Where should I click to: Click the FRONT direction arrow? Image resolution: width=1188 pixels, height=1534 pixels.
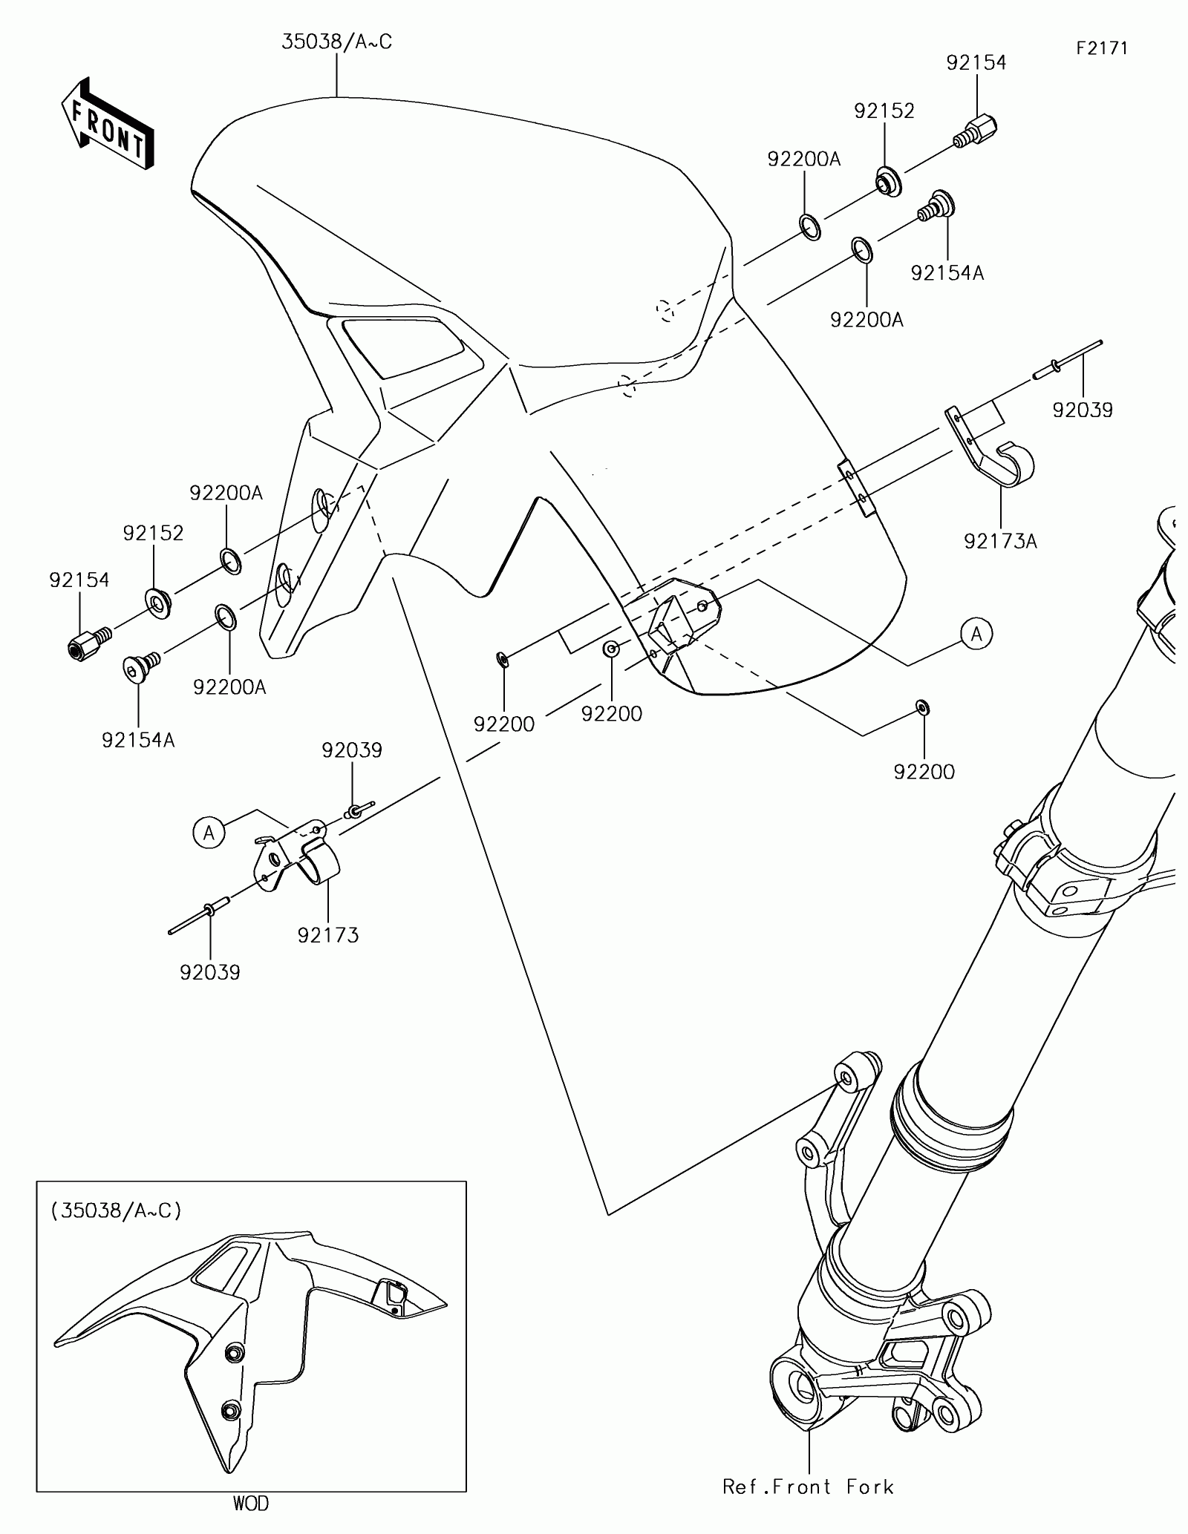108,123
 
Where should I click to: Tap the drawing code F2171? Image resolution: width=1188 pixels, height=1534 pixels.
1103,49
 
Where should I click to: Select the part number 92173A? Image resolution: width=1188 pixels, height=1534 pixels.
1000,541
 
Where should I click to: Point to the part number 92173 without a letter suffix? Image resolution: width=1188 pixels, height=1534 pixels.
328,935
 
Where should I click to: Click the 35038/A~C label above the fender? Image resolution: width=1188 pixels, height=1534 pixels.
336,42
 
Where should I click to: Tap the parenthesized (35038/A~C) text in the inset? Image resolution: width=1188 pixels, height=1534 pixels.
117,1212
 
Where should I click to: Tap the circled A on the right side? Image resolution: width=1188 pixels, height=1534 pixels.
976,633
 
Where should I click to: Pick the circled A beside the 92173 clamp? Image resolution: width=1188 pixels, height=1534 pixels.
209,833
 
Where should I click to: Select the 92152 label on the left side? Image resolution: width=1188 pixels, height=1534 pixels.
153,533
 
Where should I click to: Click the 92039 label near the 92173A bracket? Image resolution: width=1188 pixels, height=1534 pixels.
1082,410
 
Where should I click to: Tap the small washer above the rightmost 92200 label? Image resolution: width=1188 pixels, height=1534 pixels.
922,707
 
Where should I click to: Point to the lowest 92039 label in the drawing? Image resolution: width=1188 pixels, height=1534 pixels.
210,972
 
